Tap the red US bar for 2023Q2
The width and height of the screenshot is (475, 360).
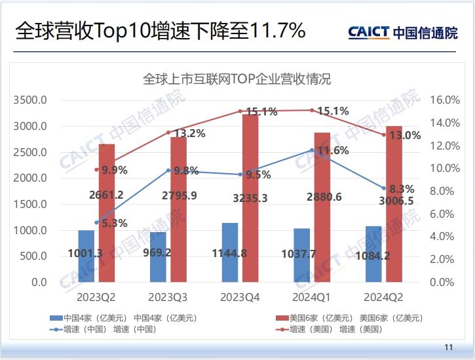tap(107, 213)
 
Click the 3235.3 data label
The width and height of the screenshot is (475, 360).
tap(245, 197)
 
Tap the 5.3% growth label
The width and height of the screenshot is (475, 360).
tap(113, 223)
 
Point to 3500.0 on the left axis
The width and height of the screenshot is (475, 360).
tap(30, 100)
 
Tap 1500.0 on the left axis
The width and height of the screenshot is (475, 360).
tap(30, 205)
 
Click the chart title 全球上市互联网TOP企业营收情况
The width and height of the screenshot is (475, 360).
tap(237, 80)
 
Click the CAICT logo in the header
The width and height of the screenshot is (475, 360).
tap(369, 31)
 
